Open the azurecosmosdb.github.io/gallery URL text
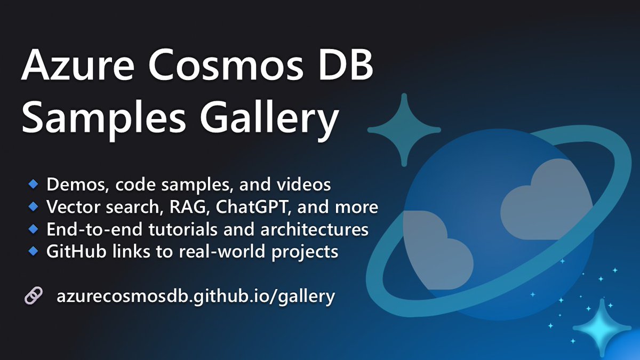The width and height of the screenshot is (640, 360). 195,296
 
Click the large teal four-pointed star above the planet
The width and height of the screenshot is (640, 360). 404,130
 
